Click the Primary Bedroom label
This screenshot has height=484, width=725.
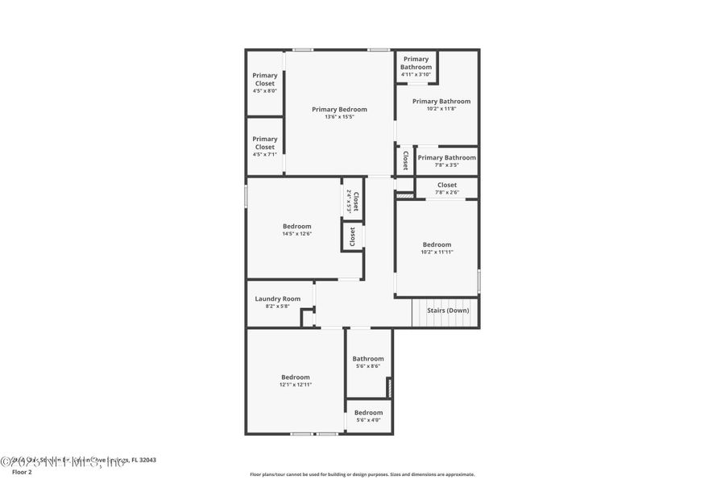pyautogui.click(x=339, y=109)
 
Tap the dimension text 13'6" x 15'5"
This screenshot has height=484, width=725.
pyautogui.click(x=339, y=117)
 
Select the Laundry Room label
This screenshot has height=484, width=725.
pyautogui.click(x=277, y=298)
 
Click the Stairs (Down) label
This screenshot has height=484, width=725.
pyautogui.click(x=448, y=310)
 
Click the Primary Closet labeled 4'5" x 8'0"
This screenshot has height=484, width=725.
pyautogui.click(x=264, y=82)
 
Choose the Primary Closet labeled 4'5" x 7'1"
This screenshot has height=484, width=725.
pyautogui.click(x=264, y=146)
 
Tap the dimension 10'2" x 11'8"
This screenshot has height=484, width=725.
pyautogui.click(x=441, y=109)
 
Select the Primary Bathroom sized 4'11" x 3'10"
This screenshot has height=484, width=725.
pyautogui.click(x=416, y=66)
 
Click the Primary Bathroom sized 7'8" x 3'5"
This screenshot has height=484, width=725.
pyautogui.click(x=446, y=161)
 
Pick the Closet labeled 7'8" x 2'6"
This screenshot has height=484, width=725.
pyautogui.click(x=446, y=188)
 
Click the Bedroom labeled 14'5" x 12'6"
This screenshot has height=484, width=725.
pyautogui.click(x=296, y=229)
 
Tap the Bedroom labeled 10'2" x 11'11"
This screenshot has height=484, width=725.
pyautogui.click(x=437, y=248)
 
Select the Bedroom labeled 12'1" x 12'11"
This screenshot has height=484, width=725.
pyautogui.click(x=295, y=380)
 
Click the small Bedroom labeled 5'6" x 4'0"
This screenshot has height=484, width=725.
pyautogui.click(x=368, y=415)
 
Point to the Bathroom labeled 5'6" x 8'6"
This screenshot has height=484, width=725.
pyautogui.click(x=368, y=361)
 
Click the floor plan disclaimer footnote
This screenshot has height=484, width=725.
pyautogui.click(x=362, y=474)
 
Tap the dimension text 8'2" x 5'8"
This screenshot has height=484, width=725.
pyautogui.click(x=277, y=307)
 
